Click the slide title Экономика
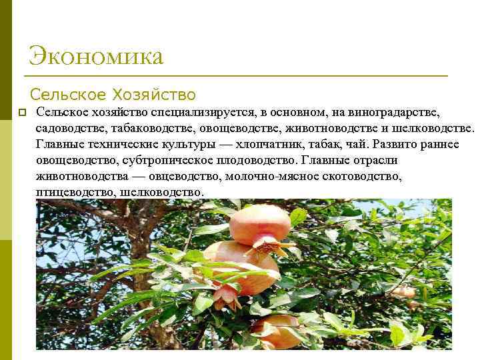[96, 56]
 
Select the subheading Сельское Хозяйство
[113, 94]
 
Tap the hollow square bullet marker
[21, 112]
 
